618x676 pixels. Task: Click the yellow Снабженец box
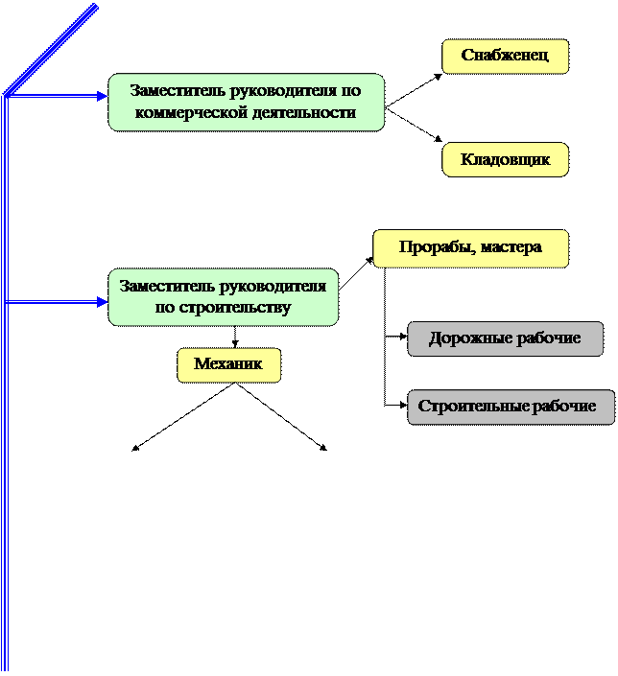(x=505, y=56)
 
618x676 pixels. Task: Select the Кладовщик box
(x=505, y=159)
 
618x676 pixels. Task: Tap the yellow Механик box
(x=228, y=364)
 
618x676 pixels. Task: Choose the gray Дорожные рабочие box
(x=505, y=338)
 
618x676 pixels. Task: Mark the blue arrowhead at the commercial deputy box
(x=101, y=96)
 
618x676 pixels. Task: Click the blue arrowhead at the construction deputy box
(x=101, y=302)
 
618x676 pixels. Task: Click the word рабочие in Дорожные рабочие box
(x=550, y=338)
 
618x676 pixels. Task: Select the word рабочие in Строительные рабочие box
(x=563, y=407)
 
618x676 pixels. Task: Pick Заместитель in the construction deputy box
(x=168, y=287)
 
